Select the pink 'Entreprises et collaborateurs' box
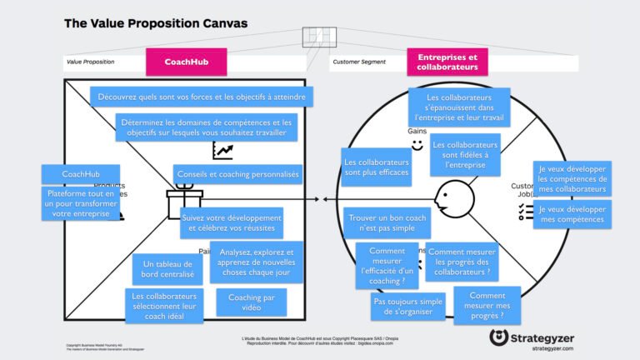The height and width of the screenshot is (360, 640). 447,62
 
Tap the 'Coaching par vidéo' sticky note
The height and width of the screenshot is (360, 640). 251,302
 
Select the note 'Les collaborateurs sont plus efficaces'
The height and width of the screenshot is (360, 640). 376,167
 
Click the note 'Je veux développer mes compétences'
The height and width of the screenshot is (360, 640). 572,215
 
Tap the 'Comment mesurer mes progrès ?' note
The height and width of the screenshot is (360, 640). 487,306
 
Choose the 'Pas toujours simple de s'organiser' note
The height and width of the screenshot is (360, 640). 408,306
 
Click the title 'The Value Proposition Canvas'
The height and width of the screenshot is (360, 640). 156,23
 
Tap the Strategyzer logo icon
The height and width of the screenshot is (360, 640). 500,337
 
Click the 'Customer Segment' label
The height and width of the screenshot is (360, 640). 358,62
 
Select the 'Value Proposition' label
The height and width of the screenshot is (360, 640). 91,62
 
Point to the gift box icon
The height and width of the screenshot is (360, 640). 184,202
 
